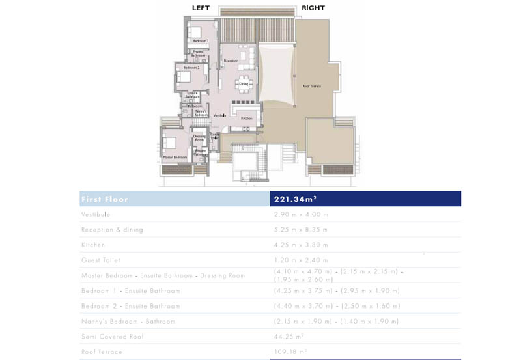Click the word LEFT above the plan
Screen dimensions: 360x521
201,8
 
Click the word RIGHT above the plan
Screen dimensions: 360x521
313,8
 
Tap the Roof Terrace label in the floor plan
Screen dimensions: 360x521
311,86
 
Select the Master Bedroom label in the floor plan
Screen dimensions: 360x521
175,158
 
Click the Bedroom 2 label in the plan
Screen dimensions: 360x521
191,68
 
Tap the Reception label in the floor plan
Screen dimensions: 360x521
231,61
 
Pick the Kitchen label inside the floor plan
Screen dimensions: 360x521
246,118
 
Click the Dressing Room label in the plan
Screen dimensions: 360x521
199,138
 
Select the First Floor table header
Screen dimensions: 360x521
105,199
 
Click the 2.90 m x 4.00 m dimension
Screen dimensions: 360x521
301,214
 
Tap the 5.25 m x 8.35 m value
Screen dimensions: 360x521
301,229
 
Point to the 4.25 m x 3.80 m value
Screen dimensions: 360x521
301,245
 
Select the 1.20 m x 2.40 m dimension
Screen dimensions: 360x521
301,260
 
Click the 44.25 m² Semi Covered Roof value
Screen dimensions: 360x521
289,337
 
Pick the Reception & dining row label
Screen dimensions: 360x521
112,229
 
